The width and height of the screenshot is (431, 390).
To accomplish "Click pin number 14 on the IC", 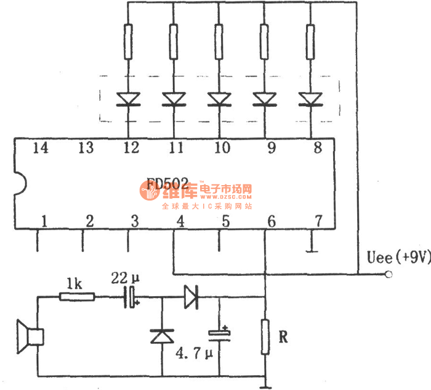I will (x=41, y=148).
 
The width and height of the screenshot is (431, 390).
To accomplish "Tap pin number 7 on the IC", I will (x=318, y=220).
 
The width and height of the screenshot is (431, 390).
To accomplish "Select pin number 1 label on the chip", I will (x=44, y=220).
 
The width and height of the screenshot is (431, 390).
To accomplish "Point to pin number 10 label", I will (x=222, y=148).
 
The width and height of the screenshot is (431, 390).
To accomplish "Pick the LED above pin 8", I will (x=310, y=99).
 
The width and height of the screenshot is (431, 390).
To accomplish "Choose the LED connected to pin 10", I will (x=219, y=99).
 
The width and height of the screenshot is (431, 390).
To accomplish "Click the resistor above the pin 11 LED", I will (x=174, y=41).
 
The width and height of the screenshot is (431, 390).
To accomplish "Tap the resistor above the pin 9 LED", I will (x=265, y=41).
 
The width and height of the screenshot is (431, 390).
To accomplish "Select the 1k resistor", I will (x=77, y=297).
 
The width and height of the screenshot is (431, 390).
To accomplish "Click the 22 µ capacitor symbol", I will (x=131, y=297).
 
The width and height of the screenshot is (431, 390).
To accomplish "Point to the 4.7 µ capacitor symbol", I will (x=219, y=334).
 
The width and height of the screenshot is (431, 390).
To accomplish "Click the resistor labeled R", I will (x=265, y=337).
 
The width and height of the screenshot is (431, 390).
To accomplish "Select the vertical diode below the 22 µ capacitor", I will (x=162, y=336).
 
